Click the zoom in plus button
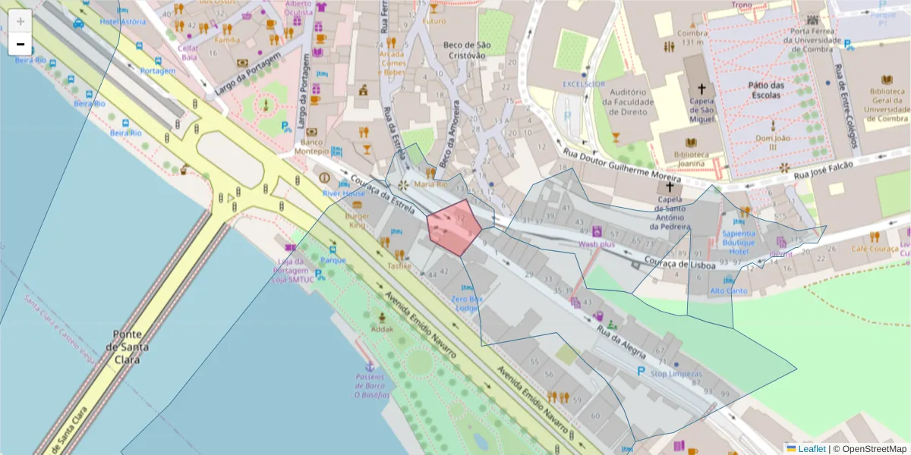click(x=20, y=20)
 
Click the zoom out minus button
click(x=20, y=44)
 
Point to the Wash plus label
click(x=597, y=244)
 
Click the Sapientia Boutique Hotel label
click(x=739, y=242)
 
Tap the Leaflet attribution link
click(x=812, y=449)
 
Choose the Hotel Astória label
click(x=122, y=21)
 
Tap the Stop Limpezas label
click(x=676, y=374)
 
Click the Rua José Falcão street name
click(x=824, y=169)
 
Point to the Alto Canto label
click(x=728, y=290)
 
